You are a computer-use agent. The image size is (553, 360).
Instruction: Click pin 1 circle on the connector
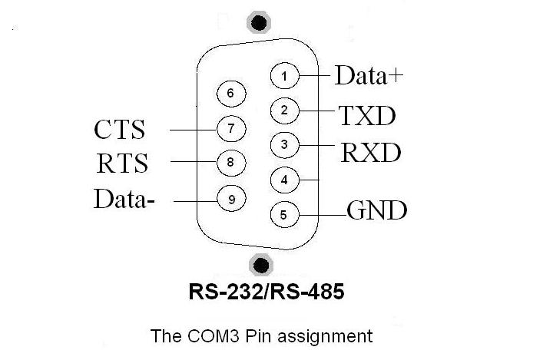point(285,76)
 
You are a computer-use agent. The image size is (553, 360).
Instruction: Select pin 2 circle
point(285,111)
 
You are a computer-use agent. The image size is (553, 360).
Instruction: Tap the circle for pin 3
point(285,145)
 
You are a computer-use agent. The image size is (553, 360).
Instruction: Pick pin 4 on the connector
point(285,180)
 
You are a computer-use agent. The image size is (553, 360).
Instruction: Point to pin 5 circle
point(285,214)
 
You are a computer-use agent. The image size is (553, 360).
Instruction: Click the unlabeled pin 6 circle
point(231,94)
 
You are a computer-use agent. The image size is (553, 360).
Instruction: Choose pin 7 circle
point(231,129)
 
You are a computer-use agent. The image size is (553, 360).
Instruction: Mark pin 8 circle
point(231,163)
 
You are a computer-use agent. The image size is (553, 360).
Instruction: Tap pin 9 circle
point(231,200)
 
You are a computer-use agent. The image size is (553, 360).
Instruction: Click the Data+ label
point(369,75)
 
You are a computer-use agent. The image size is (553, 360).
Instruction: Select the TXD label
point(367,116)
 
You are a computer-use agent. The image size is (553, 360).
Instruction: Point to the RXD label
point(371,152)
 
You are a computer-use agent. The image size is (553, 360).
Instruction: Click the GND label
point(377,210)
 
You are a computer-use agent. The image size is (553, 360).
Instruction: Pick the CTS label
point(120,129)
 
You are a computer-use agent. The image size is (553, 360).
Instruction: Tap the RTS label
point(122,163)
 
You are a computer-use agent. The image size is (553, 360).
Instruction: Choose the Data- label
point(124,199)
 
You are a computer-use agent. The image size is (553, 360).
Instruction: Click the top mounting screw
point(259,22)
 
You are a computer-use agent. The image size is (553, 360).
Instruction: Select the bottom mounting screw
point(261,265)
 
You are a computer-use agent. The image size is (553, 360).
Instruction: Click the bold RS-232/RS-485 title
point(267,292)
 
